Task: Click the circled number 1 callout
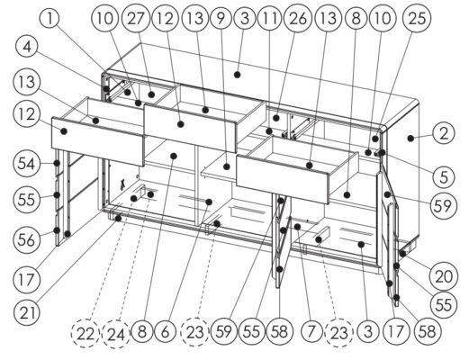click(x=50, y=19)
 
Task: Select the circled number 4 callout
click(x=27, y=47)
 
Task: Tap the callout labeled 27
click(x=136, y=19)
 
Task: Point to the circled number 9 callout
click(x=221, y=19)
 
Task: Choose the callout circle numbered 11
click(x=270, y=19)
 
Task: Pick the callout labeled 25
click(x=417, y=19)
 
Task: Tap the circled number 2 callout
click(x=444, y=133)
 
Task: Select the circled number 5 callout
click(x=444, y=177)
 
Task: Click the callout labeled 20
click(x=444, y=276)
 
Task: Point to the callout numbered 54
click(x=26, y=164)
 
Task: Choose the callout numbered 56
click(x=26, y=239)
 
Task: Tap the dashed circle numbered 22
click(x=86, y=334)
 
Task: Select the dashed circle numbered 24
click(x=116, y=334)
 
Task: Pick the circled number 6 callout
click(x=166, y=332)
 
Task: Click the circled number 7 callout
click(x=311, y=332)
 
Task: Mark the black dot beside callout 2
click(x=410, y=138)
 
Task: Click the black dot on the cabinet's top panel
click(x=237, y=75)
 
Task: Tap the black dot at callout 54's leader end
click(x=56, y=163)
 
